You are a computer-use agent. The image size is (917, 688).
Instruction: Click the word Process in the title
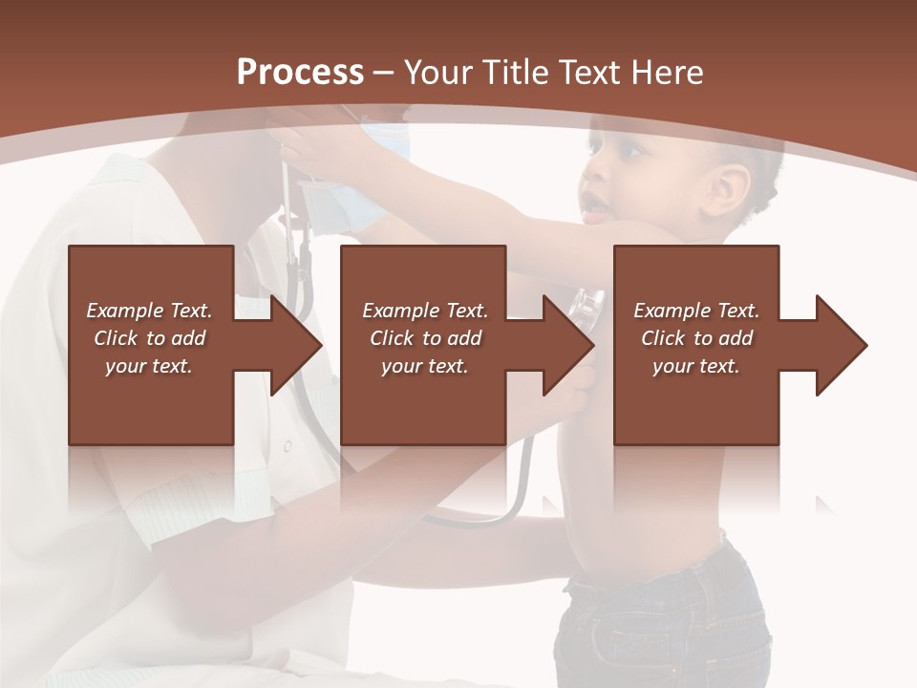pos(300,72)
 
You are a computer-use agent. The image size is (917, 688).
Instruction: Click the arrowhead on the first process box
pos(297,345)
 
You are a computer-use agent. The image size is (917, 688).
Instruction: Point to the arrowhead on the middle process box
pos(569,345)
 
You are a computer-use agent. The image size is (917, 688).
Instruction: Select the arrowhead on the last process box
pos(842,345)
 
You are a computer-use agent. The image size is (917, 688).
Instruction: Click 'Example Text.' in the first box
pos(149,311)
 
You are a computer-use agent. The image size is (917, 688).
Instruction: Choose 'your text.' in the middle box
pos(424,366)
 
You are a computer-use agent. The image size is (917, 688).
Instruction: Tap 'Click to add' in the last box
pos(696,338)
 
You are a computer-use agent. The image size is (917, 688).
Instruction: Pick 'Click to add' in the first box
pos(149,338)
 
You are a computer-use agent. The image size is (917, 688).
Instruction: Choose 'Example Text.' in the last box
pos(696,311)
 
